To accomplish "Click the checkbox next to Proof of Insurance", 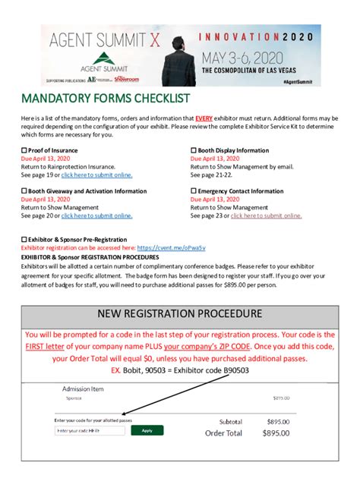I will [24, 150].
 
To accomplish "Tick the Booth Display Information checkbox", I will [193, 150].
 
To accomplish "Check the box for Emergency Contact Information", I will [193, 191].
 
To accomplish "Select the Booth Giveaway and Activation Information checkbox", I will [24, 191].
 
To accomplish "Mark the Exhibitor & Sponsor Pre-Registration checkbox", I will [24, 240].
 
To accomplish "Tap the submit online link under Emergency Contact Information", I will [266, 215].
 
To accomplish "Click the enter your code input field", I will [90, 430].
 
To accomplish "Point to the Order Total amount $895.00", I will [272, 433].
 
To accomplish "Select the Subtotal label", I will [230, 421].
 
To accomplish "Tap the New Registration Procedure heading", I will [180, 313].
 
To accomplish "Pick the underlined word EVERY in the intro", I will [204, 119].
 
